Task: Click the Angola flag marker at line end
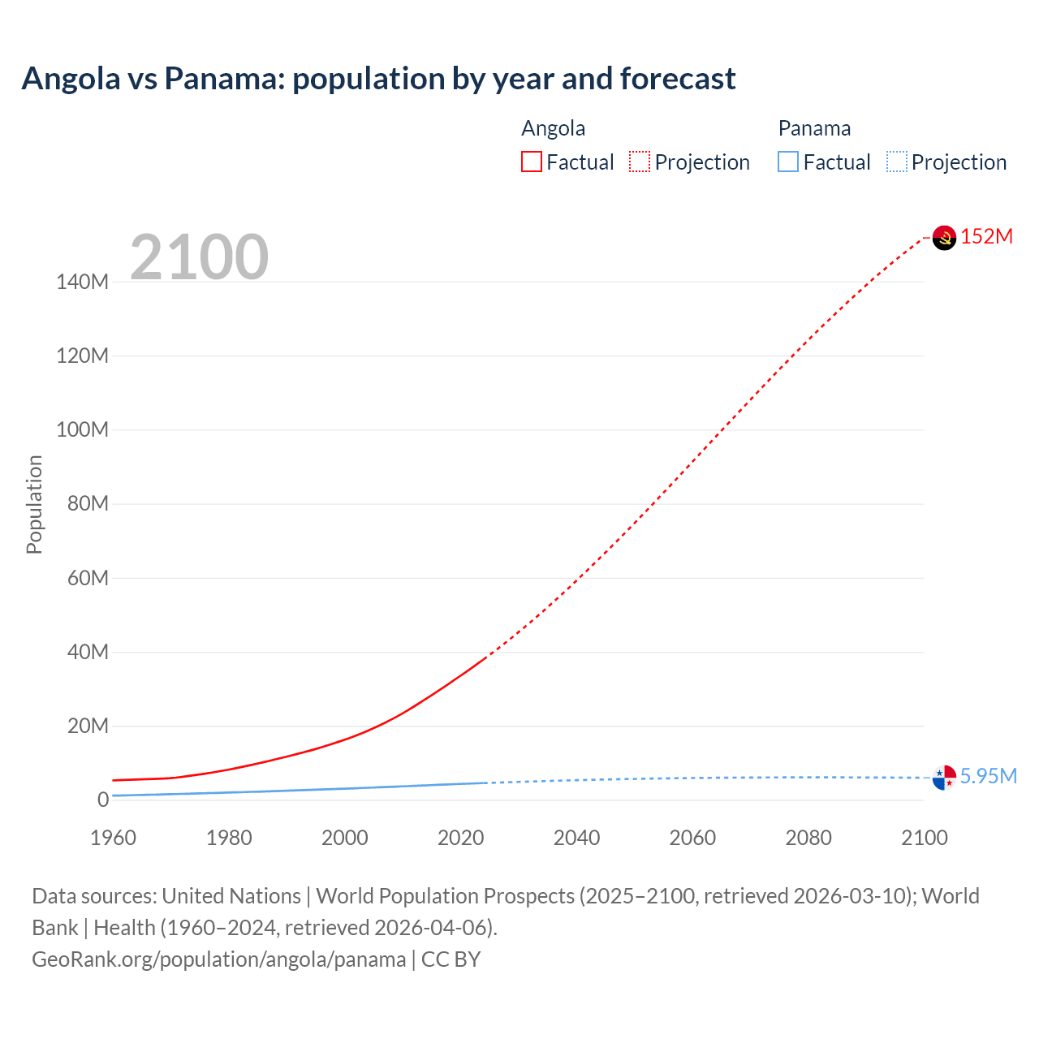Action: point(944,238)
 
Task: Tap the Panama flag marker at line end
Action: point(944,778)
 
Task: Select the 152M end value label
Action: point(987,236)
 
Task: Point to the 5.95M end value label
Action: point(989,776)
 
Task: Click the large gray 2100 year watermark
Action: point(199,257)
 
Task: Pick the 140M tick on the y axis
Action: point(82,282)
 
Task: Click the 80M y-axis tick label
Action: point(88,503)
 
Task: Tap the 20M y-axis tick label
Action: point(88,726)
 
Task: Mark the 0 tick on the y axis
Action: point(103,800)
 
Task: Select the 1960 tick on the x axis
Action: point(113,838)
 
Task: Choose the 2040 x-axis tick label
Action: point(576,838)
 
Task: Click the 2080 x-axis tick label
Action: point(808,838)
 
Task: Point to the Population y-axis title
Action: point(34,504)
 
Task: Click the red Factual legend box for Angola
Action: point(532,162)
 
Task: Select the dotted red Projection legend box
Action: point(640,162)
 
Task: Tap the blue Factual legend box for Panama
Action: point(788,162)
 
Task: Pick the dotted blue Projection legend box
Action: point(897,162)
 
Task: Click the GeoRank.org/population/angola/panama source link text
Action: point(218,959)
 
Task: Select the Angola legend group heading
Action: point(553,128)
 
